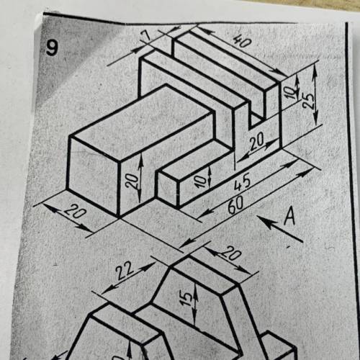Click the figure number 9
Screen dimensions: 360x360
tap(52, 48)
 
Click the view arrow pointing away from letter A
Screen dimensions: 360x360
tap(279, 228)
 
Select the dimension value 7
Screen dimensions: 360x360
tap(148, 36)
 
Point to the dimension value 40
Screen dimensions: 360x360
tap(242, 40)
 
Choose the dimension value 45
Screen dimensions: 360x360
tap(242, 184)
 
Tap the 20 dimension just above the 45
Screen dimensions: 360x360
tap(256, 141)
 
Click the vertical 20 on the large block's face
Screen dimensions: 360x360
tap(132, 181)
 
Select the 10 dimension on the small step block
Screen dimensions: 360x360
tap(201, 181)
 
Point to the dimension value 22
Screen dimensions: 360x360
tap(125, 271)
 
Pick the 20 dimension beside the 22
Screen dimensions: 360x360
tap(231, 253)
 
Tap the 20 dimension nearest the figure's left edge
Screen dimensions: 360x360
tap(75, 212)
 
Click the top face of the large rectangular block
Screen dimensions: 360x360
tap(142, 123)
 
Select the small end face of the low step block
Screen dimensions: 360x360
tap(168, 189)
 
